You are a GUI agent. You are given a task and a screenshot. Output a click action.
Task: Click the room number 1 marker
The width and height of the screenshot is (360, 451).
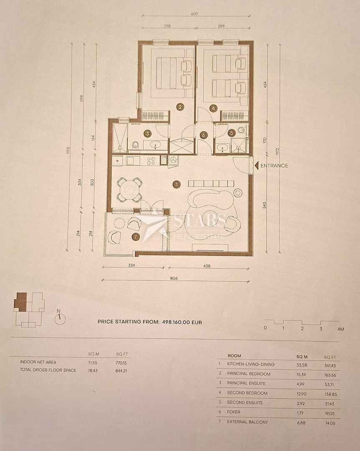[177, 185]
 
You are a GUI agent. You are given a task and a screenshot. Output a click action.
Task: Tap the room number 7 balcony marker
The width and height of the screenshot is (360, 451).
[136, 237]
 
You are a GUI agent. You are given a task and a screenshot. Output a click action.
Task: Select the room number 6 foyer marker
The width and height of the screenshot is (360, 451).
[204, 135]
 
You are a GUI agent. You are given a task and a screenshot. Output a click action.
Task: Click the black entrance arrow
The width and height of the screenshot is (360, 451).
[257, 166]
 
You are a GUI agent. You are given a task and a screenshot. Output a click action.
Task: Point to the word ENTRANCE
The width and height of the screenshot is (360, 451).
[274, 166]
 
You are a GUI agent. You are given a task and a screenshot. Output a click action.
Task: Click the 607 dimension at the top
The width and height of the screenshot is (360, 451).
[194, 14]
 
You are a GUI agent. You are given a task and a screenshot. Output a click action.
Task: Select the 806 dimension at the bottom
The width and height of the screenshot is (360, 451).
[174, 278]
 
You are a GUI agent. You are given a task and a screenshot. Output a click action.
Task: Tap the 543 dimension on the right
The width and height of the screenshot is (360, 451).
[264, 205]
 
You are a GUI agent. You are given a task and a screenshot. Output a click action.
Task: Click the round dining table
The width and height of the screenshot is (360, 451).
[129, 190]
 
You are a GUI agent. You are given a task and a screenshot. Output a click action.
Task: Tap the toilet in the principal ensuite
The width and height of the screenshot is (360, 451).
[135, 146]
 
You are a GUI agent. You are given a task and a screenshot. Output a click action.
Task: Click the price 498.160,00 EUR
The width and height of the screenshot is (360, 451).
[182, 322]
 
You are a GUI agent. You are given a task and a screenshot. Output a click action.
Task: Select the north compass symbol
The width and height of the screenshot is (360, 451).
[60, 318]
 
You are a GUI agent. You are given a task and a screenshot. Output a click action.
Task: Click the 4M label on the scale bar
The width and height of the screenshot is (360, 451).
[340, 329]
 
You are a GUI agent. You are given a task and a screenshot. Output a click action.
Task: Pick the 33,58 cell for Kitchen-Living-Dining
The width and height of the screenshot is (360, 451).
[301, 365]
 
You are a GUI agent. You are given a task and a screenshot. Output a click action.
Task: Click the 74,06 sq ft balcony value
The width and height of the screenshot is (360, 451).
[329, 423]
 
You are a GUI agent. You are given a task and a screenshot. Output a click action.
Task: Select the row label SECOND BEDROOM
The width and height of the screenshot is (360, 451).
[247, 393]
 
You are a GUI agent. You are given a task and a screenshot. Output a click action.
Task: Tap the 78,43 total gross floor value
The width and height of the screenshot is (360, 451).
[93, 371]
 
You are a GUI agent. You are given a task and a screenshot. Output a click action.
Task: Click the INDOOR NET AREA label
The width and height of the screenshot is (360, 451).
[38, 362]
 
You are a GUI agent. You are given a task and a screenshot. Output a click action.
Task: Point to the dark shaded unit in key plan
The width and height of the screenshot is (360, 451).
[20, 302]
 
